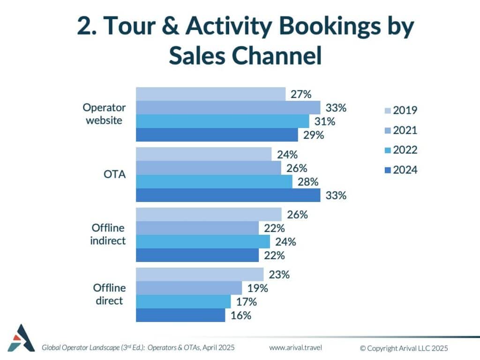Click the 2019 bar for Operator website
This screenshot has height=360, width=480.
(210, 94)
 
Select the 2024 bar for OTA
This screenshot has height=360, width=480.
(228, 195)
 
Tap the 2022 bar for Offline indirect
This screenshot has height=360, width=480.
(203, 241)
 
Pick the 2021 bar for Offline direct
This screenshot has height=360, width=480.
(189, 288)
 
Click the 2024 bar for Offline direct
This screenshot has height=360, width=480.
(180, 315)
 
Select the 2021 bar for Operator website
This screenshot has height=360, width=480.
(228, 108)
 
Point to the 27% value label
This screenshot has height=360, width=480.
(301, 94)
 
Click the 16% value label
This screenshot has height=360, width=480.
(241, 315)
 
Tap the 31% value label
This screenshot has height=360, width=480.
(325, 121)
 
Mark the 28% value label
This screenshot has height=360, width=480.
(308, 182)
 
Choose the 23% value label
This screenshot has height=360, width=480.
(279, 275)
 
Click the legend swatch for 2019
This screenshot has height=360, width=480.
(388, 111)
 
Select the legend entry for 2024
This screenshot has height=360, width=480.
(401, 170)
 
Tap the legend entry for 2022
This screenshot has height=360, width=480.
(401, 150)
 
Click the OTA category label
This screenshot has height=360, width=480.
(114, 174)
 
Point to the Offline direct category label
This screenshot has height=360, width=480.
(109, 294)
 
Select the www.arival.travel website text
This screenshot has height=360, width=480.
(295, 348)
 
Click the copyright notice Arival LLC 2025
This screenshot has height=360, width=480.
(404, 348)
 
